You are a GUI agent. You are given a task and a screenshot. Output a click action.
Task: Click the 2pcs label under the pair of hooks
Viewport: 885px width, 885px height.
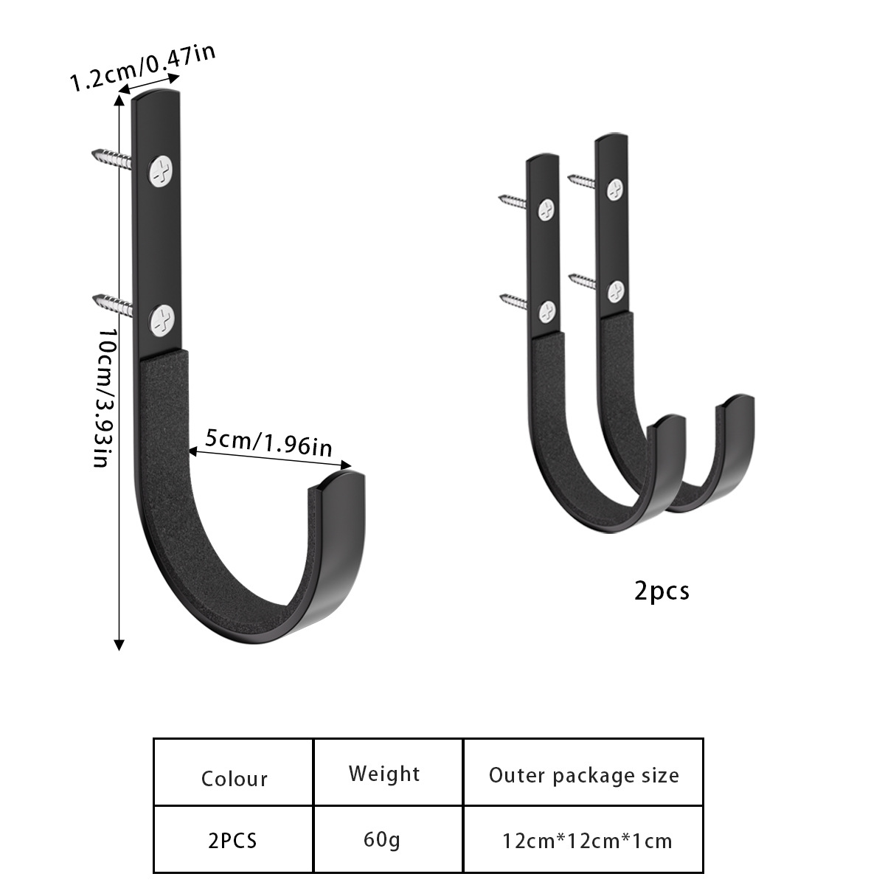662,591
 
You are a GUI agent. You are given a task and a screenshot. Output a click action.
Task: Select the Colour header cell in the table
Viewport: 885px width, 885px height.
234,779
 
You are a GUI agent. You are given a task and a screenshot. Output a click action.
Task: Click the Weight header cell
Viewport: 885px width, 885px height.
384,774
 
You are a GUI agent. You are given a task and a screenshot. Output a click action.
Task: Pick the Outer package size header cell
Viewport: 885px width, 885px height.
583,775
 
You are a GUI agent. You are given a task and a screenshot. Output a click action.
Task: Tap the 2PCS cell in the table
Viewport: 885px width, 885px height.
233,840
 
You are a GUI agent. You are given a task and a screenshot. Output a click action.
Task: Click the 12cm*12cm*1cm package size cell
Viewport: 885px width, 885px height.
587,841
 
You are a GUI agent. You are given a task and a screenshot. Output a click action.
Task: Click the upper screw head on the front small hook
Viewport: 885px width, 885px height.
546,211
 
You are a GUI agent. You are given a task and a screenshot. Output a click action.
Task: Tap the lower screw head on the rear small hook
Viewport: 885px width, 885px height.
614,291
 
